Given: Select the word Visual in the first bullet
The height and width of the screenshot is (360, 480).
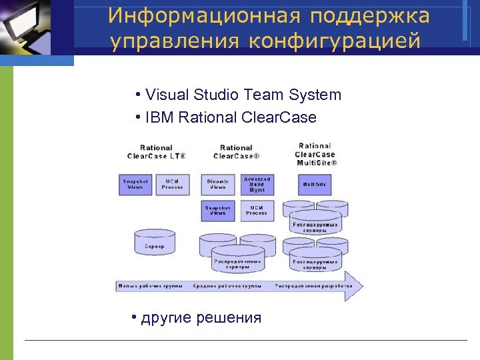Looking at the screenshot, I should pyautogui.click(x=167, y=95).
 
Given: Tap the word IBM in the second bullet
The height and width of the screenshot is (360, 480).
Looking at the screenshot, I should pyautogui.click(x=157, y=117).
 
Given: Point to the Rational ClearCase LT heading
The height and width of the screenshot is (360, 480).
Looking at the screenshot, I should pyautogui.click(x=156, y=152).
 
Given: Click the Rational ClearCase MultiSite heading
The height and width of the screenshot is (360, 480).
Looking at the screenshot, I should pyautogui.click(x=315, y=154).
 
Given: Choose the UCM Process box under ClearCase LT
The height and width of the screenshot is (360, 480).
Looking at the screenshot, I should pyautogui.click(x=173, y=185).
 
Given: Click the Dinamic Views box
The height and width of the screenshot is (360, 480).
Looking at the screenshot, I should pyautogui.click(x=218, y=185).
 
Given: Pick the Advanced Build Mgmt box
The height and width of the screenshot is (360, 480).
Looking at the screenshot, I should pyautogui.click(x=257, y=185).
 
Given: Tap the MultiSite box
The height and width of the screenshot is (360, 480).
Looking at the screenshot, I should pyautogui.click(x=314, y=185).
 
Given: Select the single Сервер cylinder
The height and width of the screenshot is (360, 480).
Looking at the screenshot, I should pyautogui.click(x=155, y=245).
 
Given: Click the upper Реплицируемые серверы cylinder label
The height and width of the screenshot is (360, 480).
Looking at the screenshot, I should pyautogui.click(x=315, y=227).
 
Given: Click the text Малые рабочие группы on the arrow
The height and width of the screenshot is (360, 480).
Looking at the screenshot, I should pyautogui.click(x=149, y=286).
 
